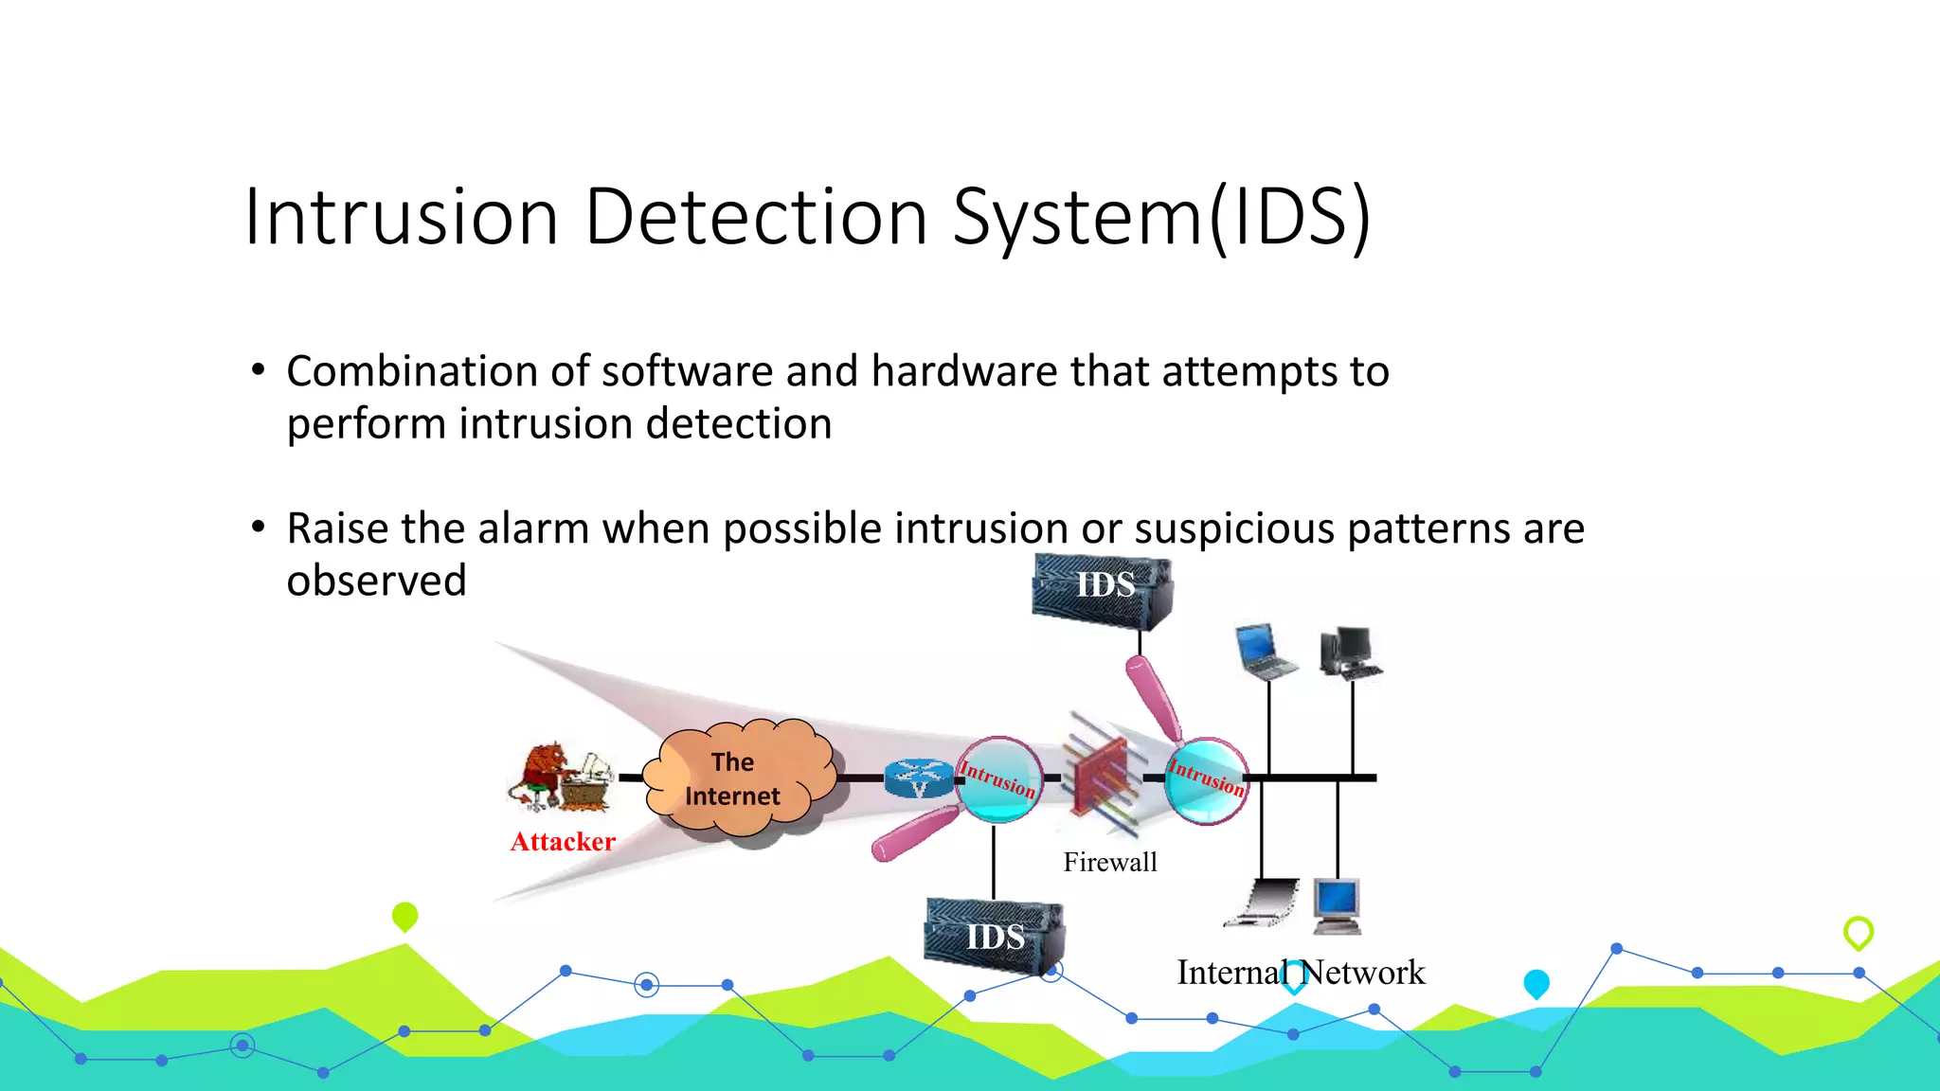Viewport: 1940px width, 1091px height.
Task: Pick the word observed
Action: coord(377,581)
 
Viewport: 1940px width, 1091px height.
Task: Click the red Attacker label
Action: coord(563,841)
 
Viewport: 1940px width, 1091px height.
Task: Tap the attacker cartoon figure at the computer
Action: coord(560,777)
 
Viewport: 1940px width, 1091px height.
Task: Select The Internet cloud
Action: coord(735,778)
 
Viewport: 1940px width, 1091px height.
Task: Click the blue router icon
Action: coord(918,778)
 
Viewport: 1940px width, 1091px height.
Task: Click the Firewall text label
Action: coord(1109,862)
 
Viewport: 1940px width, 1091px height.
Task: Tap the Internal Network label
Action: coord(1301,973)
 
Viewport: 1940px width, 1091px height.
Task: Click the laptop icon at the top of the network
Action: coord(1266,651)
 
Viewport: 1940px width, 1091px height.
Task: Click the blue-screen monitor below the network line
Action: coord(1337,904)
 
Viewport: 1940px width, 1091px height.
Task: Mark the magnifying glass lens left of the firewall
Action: coord(998,778)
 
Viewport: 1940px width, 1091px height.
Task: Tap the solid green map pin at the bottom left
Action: coord(404,916)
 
